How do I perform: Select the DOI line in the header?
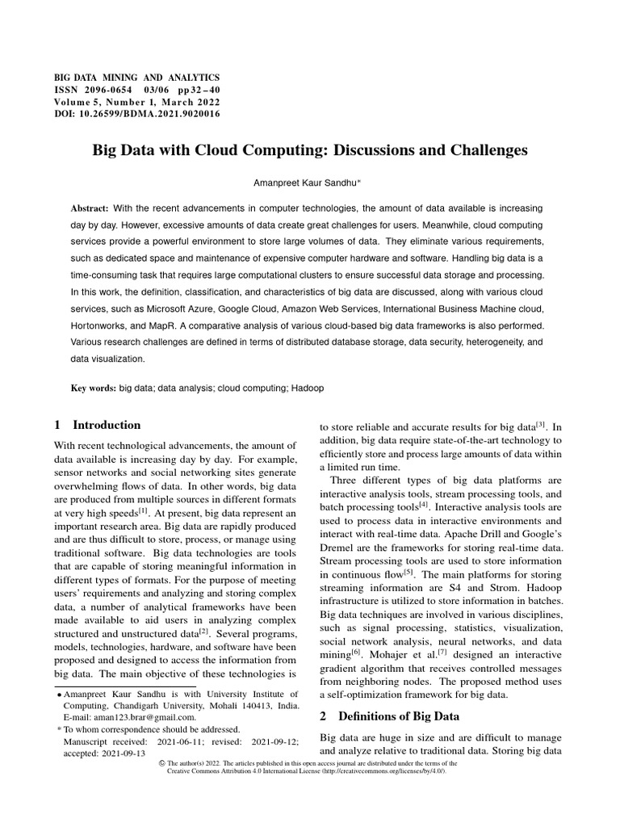136,114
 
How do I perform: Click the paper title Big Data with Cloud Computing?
310,150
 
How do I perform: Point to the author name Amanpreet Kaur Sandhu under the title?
310,184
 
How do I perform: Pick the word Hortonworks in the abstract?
104,328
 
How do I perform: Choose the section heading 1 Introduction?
97,425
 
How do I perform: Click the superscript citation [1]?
142,510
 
